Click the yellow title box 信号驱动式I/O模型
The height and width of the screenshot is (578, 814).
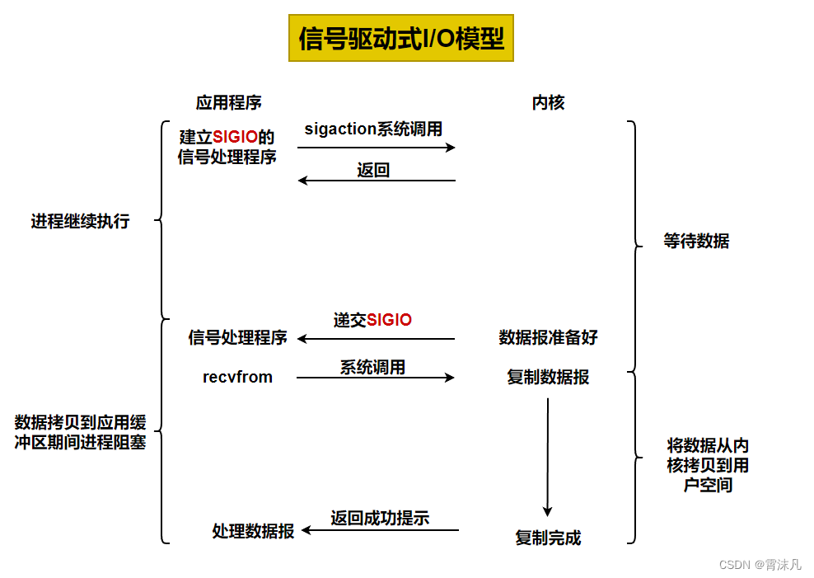click(401, 38)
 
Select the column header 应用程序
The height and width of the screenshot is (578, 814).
click(228, 103)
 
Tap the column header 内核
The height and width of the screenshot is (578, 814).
click(548, 103)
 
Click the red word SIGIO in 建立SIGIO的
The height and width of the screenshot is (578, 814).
click(235, 137)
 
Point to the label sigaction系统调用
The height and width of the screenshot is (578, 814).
click(373, 129)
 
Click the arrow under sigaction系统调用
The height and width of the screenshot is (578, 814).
click(376, 148)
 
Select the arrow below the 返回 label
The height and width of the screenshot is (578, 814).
click(376, 181)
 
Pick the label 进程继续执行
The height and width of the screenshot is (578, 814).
click(80, 221)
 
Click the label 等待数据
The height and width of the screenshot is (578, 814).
click(696, 242)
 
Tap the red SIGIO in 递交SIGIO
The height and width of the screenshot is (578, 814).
click(389, 320)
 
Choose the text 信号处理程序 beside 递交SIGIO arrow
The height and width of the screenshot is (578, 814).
click(237, 337)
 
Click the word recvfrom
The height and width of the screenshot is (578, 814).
click(237, 377)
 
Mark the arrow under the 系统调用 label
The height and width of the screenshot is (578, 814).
click(375, 378)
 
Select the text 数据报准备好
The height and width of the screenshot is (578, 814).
click(548, 337)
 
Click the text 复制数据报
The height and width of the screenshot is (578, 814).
click(548, 378)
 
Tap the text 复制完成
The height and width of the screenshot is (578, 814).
click(548, 538)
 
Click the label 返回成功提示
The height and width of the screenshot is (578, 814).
click(380, 518)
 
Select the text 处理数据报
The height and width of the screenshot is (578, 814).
click(253, 532)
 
